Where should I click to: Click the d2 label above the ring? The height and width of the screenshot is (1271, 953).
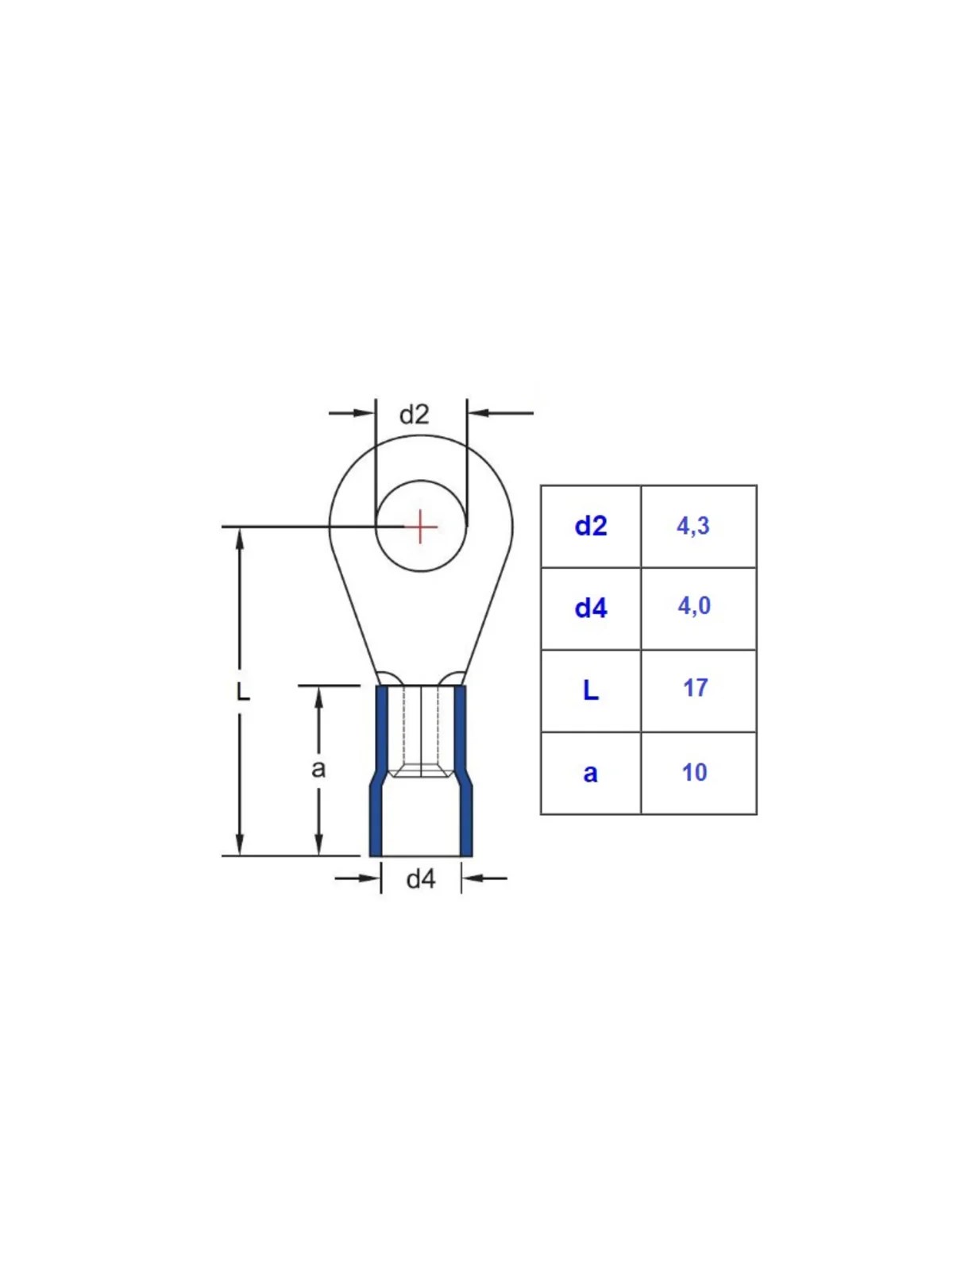click(x=415, y=415)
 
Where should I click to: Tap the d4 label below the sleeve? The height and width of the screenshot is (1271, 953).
click(x=421, y=879)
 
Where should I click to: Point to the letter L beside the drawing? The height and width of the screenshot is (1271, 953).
click(x=243, y=691)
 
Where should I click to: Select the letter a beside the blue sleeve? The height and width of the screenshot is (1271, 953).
click(x=318, y=769)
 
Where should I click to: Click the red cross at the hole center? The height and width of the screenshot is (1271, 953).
click(x=421, y=527)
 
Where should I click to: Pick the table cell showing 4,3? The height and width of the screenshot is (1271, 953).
click(x=698, y=527)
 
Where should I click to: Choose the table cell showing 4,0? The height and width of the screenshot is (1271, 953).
click(x=698, y=608)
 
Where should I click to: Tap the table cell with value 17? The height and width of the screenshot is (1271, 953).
click(x=698, y=691)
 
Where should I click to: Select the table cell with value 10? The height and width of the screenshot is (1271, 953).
click(x=698, y=773)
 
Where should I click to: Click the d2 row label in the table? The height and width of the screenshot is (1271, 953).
click(x=591, y=527)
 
